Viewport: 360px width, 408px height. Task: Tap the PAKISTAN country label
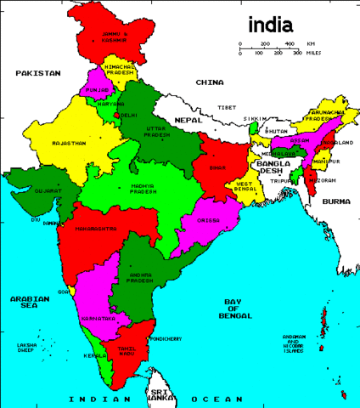[x=38, y=74]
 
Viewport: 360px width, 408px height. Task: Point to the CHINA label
[x=209, y=82]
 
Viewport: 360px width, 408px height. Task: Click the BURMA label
[x=335, y=201]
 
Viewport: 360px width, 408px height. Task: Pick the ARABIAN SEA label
[x=30, y=303]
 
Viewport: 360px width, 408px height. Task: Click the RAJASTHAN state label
[x=69, y=144]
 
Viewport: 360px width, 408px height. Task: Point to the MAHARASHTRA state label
[x=95, y=229]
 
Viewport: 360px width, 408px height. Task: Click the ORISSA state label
[x=208, y=219]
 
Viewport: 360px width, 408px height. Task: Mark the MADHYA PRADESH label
[x=149, y=189]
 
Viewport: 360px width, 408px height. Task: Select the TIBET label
[x=227, y=108]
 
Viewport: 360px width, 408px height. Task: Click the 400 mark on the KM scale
[x=289, y=43]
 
